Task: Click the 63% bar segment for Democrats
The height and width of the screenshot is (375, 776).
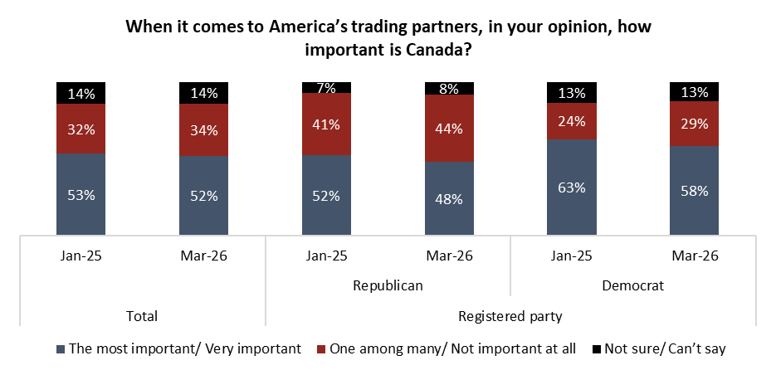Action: click(571, 187)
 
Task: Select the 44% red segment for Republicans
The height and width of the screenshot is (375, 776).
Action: click(449, 129)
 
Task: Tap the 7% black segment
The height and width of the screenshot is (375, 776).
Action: click(326, 87)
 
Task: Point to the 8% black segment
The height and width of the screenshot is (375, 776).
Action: click(449, 88)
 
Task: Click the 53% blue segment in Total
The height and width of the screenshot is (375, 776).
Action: click(81, 195)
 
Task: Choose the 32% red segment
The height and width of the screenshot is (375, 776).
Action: click(81, 129)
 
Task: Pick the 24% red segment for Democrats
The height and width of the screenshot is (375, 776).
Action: click(571, 121)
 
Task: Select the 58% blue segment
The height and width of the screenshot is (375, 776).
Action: click(694, 191)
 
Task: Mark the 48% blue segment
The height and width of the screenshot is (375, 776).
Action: click(449, 199)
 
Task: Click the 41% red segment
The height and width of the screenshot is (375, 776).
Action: click(326, 124)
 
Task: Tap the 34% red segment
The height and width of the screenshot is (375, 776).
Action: click(203, 129)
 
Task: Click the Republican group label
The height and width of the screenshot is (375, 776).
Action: click(388, 285)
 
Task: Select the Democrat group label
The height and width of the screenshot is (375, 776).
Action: click(632, 285)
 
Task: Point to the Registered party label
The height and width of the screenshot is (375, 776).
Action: click(510, 316)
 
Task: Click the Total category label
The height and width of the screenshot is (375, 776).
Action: click(142, 316)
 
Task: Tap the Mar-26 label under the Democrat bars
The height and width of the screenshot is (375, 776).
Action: click(694, 255)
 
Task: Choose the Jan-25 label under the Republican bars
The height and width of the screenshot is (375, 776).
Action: click(326, 255)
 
